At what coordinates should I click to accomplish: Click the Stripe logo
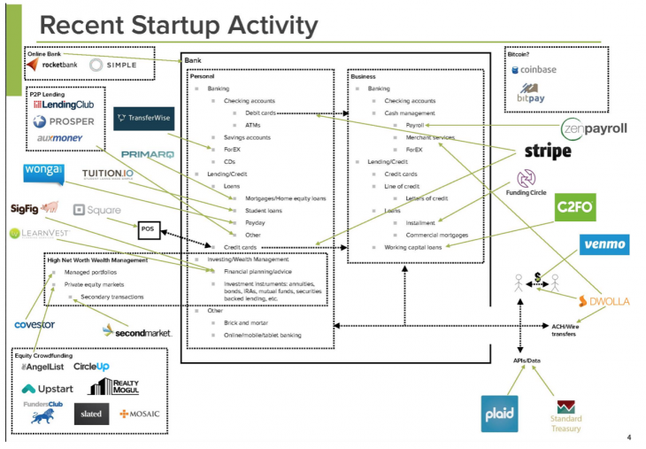[548, 151]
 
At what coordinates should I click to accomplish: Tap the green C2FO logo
[574, 209]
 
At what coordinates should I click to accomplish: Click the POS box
[148, 228]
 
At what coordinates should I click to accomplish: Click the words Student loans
[264, 211]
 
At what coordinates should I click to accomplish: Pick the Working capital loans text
[412, 247]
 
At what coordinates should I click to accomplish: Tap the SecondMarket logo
[136, 331]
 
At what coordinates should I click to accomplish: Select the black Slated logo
[91, 414]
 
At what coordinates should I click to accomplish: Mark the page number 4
[628, 437]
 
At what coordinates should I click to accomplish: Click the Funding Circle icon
[527, 179]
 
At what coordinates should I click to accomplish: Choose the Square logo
[98, 210]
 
